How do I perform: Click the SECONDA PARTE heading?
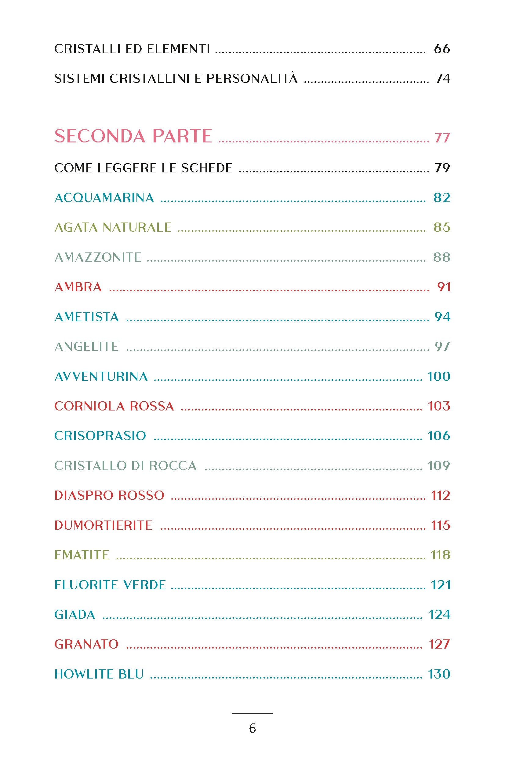coord(133,136)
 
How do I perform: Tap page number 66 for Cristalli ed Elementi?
coord(441,49)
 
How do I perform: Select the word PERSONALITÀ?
coord(252,79)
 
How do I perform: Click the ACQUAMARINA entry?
coord(104,198)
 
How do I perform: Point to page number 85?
coord(441,227)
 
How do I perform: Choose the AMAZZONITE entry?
coord(98,257)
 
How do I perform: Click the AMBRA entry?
coord(78,287)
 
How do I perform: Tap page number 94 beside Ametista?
coord(442,317)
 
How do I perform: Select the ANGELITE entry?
coord(86,347)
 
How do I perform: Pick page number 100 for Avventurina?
coord(438,376)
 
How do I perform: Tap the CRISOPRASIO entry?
coord(100,436)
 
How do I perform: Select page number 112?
coord(440,495)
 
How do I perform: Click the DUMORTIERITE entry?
coord(103,525)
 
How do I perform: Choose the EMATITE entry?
coord(82,555)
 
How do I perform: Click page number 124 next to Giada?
coord(439,615)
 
